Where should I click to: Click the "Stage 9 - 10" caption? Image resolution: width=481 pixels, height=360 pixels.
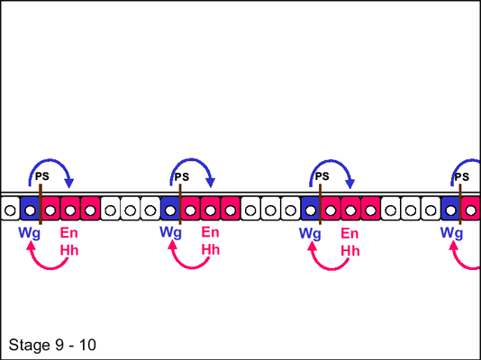(x=52, y=345)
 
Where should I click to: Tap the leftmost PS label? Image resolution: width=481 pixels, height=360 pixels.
(x=42, y=176)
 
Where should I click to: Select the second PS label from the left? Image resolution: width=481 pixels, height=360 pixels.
(x=182, y=176)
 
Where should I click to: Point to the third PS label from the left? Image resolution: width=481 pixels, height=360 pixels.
(x=322, y=176)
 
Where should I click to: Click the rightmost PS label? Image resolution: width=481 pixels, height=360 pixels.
(x=462, y=176)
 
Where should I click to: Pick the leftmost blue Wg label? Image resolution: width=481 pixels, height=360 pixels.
(x=29, y=233)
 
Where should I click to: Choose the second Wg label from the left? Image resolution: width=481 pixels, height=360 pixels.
(x=170, y=232)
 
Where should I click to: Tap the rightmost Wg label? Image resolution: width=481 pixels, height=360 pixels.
(x=451, y=233)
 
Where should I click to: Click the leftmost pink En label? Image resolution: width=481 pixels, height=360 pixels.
(x=68, y=233)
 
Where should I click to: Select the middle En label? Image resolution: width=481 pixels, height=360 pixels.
(x=210, y=232)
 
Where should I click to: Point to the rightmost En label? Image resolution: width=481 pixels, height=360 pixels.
(x=349, y=233)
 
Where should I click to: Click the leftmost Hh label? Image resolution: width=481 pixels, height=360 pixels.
(x=69, y=250)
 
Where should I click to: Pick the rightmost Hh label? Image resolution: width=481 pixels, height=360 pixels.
(x=350, y=250)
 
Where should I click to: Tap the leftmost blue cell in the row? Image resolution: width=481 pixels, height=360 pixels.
(x=30, y=209)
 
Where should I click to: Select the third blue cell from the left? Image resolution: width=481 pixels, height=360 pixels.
(x=311, y=209)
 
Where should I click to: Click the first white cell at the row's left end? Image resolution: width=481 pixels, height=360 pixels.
(x=10, y=209)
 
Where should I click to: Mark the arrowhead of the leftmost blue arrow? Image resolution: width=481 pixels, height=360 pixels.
(x=69, y=184)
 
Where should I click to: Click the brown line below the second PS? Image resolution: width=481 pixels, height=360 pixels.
(x=180, y=204)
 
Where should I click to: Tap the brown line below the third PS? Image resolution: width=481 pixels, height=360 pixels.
(x=320, y=204)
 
